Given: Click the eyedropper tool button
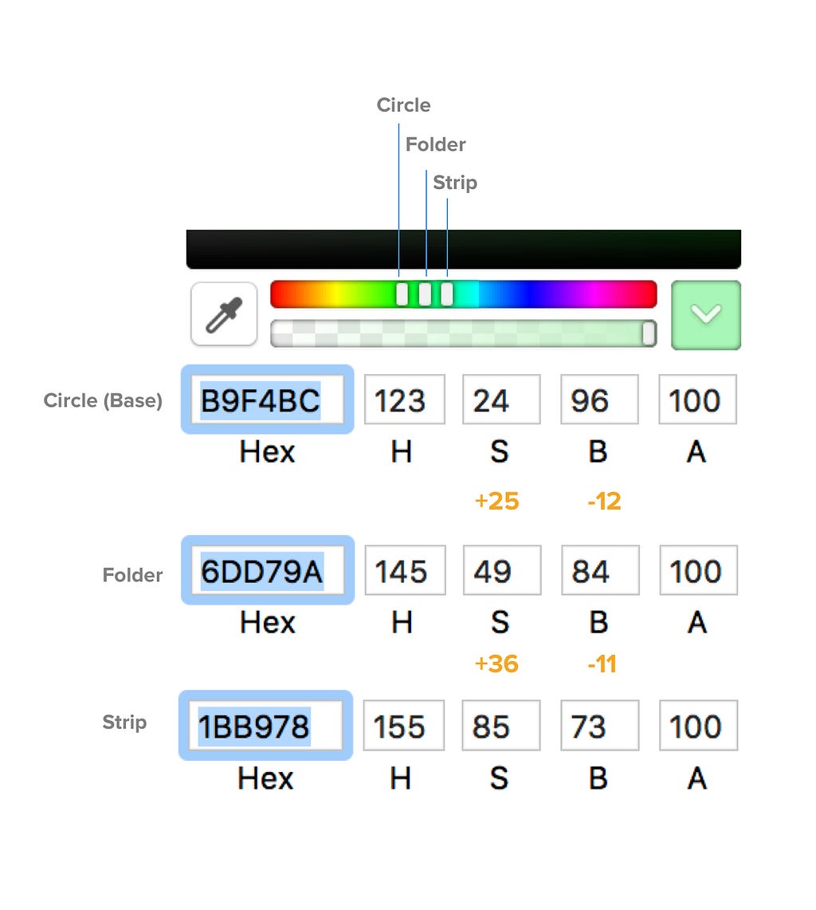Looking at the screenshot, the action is coord(224,314).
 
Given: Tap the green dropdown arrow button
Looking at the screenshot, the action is coord(706,314).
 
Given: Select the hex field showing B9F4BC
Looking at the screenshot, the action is coord(268,400).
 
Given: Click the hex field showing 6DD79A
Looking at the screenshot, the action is coord(268,570).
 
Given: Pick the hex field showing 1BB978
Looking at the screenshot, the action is coord(265,726).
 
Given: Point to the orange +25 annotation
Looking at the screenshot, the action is coord(497,501).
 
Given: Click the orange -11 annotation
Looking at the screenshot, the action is coord(602,664).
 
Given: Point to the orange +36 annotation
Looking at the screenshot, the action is coord(496,664).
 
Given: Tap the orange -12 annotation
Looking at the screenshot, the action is coord(604,501).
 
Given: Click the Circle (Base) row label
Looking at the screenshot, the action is coord(104,400).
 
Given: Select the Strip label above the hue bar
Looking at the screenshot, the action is coord(455,183).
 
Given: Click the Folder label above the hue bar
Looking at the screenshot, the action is coord(436,144).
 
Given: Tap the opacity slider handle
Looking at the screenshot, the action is coord(649,333).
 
